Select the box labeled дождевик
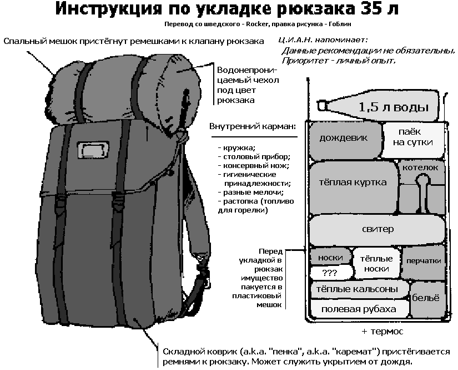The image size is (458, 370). pos(344,139)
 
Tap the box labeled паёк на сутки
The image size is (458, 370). pos(415,137)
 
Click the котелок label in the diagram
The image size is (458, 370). pos(421,167)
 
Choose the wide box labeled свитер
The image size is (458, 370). pos(378,229)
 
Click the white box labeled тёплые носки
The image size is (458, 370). pos(376,264)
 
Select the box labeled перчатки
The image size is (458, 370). pos(424,262)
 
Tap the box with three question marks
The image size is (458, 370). pos(330,273)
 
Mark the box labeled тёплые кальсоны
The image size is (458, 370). pos(358,289)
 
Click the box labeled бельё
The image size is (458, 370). pos(429,298)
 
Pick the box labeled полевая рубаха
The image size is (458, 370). pos(359,309)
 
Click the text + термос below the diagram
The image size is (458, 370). pos(382,331)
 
